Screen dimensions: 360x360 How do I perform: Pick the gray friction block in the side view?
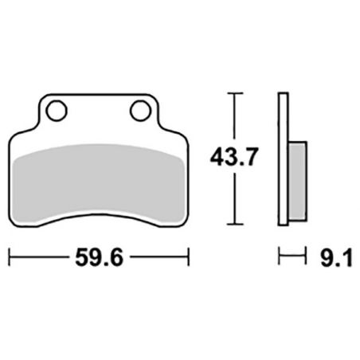point(295,183)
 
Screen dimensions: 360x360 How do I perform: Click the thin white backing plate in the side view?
point(281,159)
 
